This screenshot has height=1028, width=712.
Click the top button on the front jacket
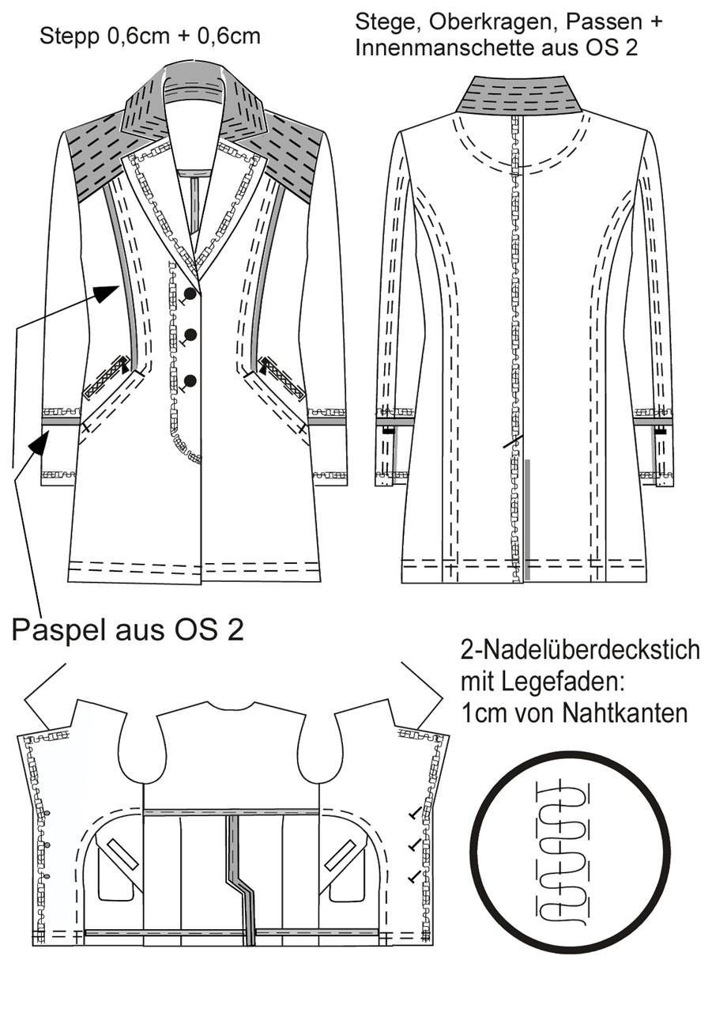pyautogui.click(x=190, y=293)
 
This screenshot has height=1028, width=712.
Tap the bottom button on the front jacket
pyautogui.click(x=190, y=380)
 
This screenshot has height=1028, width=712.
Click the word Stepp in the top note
pyautogui.click(x=70, y=36)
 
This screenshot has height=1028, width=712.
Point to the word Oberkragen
pyautogui.click(x=493, y=21)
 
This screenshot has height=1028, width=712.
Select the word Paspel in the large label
pyautogui.click(x=60, y=630)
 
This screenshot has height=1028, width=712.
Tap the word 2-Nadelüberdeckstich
pyautogui.click(x=580, y=650)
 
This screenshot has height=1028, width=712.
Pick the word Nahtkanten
pyautogui.click(x=625, y=712)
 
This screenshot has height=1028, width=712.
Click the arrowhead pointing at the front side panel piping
pyautogui.click(x=107, y=293)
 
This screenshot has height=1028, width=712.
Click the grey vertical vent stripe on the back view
pyautogui.click(x=528, y=520)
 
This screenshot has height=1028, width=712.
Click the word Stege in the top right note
pyautogui.click(x=388, y=22)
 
